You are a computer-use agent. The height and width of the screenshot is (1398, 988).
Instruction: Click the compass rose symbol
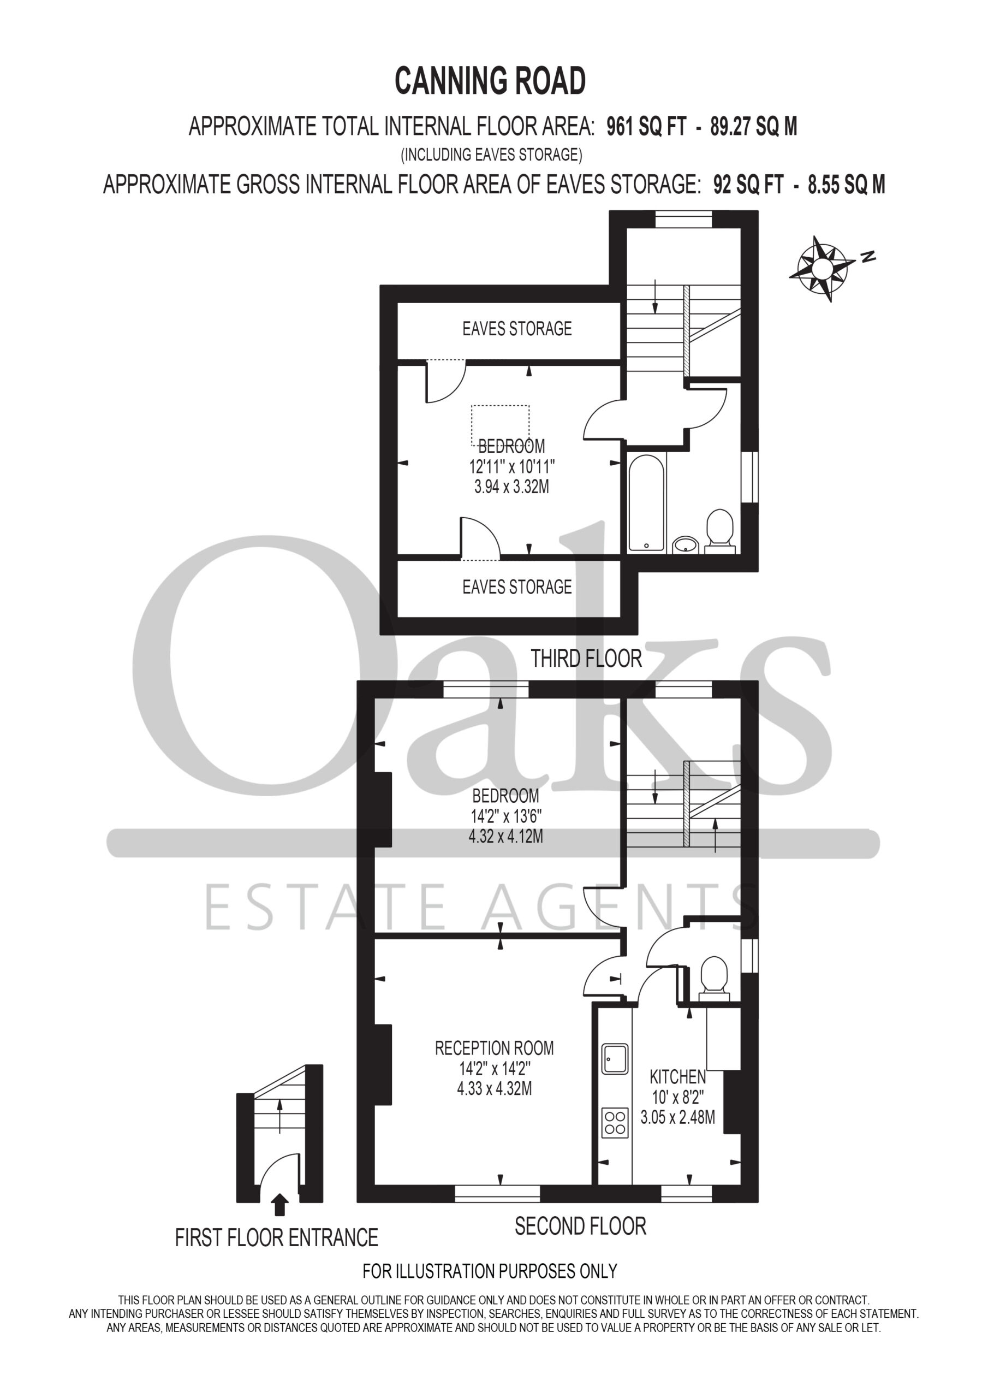click(823, 268)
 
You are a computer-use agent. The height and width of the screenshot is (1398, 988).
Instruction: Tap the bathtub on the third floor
click(646, 502)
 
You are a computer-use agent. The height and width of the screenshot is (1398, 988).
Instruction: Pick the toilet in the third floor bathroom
click(719, 531)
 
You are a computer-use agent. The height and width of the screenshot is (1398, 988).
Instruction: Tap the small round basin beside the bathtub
click(687, 544)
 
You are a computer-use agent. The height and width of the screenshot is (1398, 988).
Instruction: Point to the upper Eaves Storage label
click(517, 329)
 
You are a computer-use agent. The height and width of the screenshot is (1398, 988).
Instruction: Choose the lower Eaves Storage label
click(517, 587)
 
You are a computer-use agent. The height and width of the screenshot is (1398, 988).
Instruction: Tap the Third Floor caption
click(586, 659)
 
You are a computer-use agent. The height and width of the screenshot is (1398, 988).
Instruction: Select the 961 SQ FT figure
click(646, 127)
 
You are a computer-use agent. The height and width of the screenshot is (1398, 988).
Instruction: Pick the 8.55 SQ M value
click(847, 185)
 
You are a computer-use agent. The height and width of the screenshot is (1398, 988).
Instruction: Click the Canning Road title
click(490, 81)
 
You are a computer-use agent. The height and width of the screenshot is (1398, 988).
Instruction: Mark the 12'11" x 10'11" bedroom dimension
click(511, 467)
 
